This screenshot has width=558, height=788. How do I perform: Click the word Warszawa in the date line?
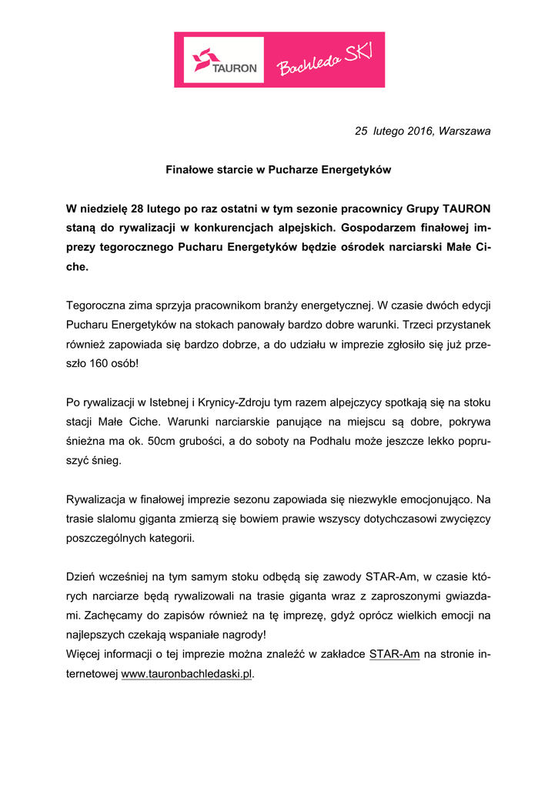[x=464, y=132]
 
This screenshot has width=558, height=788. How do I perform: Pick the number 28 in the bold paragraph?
[x=138, y=209]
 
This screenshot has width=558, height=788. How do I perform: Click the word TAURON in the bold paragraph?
[x=466, y=209]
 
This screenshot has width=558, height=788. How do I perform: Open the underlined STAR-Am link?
[x=394, y=655]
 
